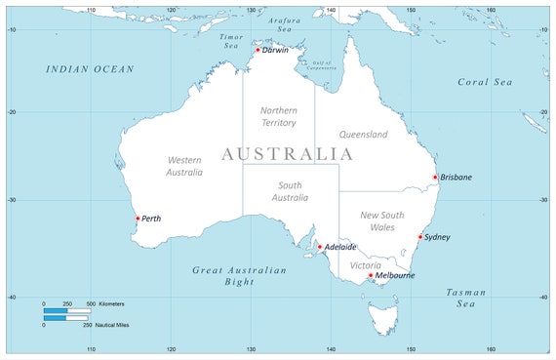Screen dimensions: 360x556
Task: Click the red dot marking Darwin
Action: pyautogui.click(x=258, y=50)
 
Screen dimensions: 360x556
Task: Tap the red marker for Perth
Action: pyautogui.click(x=138, y=219)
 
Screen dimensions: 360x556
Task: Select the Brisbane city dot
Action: pyautogui.click(x=435, y=178)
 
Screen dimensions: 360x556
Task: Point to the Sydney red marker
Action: pyautogui.click(x=420, y=237)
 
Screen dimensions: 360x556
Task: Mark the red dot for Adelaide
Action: pyautogui.click(x=320, y=247)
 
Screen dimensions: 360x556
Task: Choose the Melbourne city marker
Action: pyautogui.click(x=371, y=275)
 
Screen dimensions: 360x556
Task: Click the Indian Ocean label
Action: pyautogui.click(x=90, y=69)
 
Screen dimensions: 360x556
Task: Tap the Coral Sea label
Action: pyautogui.click(x=485, y=82)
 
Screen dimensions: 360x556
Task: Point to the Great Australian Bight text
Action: pyautogui.click(x=239, y=275)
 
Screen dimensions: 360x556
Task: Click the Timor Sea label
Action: pyautogui.click(x=230, y=41)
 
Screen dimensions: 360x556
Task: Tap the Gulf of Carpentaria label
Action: pyautogui.click(x=321, y=66)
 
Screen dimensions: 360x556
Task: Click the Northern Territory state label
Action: pyautogui.click(x=279, y=116)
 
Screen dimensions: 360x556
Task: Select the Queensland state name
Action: pyautogui.click(x=364, y=135)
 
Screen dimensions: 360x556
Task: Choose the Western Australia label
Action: pyautogui.click(x=184, y=165)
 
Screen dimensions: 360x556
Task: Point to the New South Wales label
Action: pyautogui.click(x=377, y=220)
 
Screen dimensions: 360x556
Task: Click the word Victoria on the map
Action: pyautogui.click(x=366, y=264)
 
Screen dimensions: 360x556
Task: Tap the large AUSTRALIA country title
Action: pyautogui.click(x=287, y=154)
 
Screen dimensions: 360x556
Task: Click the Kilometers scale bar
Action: pyautogui.click(x=67, y=311)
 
